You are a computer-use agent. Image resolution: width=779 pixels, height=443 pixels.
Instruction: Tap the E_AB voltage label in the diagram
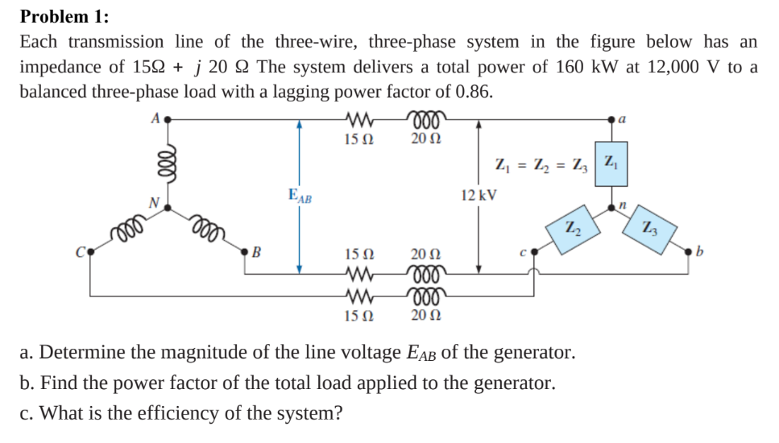(x=300, y=194)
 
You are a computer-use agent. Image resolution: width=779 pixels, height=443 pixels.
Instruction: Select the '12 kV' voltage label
(x=479, y=195)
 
